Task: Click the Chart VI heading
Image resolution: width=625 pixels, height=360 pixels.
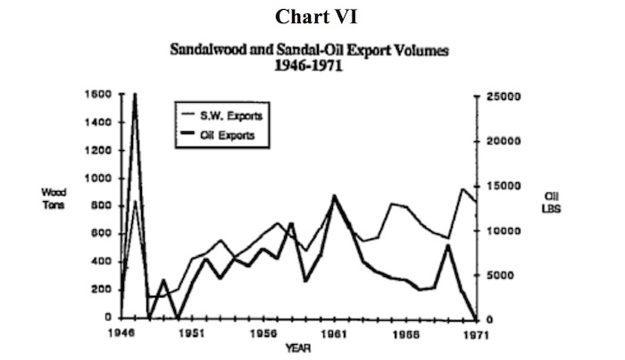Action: point(312,17)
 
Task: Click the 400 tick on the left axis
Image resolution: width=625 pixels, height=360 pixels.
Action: point(102,261)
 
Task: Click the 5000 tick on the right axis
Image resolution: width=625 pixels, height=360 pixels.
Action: point(506,275)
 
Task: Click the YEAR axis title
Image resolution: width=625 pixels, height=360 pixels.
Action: point(297,347)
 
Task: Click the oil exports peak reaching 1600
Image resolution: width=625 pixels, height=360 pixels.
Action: point(135,95)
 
